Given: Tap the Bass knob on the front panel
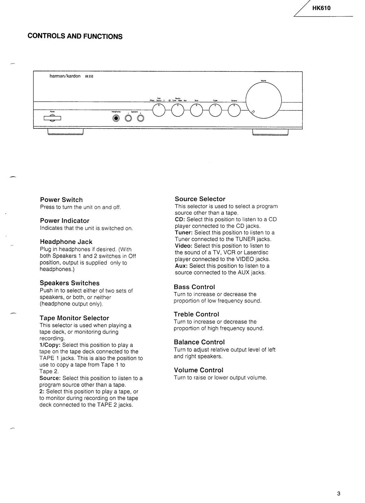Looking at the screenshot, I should (x=196, y=110).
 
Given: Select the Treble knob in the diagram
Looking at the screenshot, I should (x=215, y=110).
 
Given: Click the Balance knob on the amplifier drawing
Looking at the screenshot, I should (x=234, y=110).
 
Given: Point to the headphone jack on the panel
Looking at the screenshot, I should (x=116, y=119).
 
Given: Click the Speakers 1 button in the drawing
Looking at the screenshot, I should (x=128, y=119).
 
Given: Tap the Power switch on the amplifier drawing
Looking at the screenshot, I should (x=52, y=119).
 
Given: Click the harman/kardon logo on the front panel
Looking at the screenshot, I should (x=65, y=76).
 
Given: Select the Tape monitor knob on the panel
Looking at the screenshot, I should (x=159, y=110).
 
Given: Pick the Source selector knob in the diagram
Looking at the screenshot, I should (x=178, y=110).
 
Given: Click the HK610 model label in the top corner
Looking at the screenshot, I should (x=321, y=8).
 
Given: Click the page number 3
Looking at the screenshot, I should (x=339, y=493).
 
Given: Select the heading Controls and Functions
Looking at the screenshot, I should (x=75, y=36).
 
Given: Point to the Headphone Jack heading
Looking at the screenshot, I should (x=66, y=242).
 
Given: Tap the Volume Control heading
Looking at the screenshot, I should (x=199, y=370).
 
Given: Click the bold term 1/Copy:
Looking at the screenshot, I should (x=50, y=345).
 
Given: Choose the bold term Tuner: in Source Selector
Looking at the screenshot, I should (x=184, y=233).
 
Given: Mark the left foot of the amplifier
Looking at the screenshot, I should (x=65, y=132).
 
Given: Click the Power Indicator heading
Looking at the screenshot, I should (x=65, y=221).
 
